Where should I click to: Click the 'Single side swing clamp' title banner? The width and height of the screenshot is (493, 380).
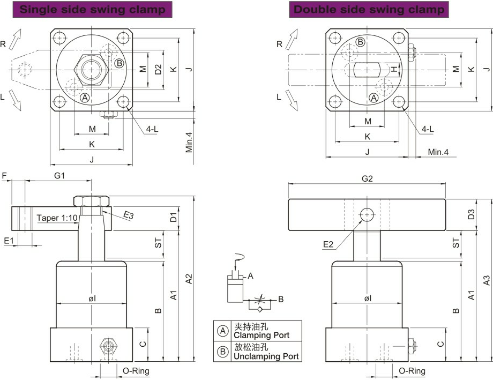point(92,10)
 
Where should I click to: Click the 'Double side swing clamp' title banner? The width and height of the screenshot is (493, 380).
point(369,10)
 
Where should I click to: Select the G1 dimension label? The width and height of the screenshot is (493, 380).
point(59,175)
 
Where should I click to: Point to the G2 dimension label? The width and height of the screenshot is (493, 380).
point(367,179)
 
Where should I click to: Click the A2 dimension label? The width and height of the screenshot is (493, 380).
point(188,279)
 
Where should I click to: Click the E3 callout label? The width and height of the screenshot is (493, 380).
point(129,215)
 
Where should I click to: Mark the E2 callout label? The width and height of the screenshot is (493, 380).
point(328,245)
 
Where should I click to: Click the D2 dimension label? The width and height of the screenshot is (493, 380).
point(158,69)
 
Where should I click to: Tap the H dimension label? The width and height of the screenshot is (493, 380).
point(393,69)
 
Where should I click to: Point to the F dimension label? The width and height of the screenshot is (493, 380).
point(4,175)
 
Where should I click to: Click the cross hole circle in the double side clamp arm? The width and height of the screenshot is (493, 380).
point(367,215)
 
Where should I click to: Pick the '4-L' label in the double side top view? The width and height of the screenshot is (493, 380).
point(428,129)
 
